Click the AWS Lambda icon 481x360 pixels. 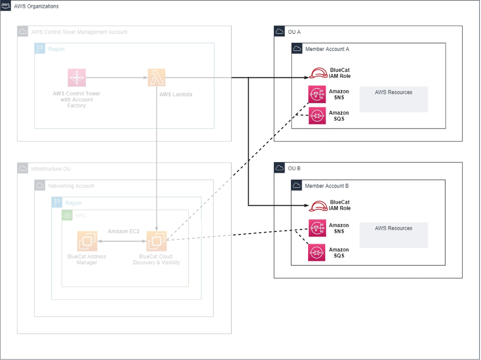click(x=157, y=77)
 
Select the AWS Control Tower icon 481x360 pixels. click(x=77, y=77)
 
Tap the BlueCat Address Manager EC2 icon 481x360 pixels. click(x=87, y=241)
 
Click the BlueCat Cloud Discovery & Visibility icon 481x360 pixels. click(x=157, y=241)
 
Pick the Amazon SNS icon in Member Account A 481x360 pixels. click(x=317, y=95)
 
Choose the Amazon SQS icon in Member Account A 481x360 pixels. click(x=317, y=116)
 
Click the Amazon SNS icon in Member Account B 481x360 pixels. click(x=317, y=228)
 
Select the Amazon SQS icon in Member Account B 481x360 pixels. click(x=317, y=252)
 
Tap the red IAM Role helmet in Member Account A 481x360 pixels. click(x=318, y=73)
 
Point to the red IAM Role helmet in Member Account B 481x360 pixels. click(x=318, y=206)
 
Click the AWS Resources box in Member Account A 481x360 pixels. click(x=393, y=99)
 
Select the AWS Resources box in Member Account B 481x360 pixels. click(x=393, y=235)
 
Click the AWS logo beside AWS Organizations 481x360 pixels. click(x=6, y=6)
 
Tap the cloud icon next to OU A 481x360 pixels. click(x=280, y=32)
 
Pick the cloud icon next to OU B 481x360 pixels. click(x=280, y=168)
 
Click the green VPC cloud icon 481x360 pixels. click(x=67, y=215)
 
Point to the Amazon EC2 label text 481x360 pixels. click(x=124, y=231)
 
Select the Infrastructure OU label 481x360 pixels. click(x=50, y=169)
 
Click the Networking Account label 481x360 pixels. click(x=71, y=186)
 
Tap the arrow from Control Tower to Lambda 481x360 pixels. click(x=117, y=77)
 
